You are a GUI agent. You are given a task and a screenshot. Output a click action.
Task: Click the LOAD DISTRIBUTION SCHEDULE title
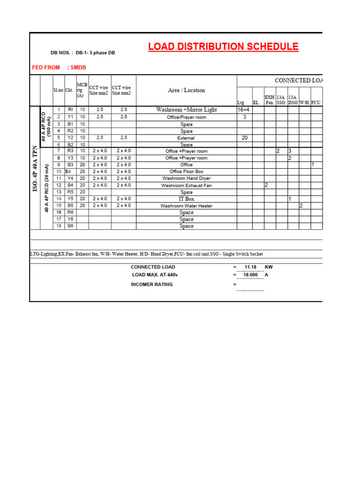(223, 47)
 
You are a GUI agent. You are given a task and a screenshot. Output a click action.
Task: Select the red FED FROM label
(46, 67)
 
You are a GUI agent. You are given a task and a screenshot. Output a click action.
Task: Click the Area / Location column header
(186, 90)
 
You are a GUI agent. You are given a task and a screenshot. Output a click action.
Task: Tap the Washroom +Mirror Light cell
(186, 110)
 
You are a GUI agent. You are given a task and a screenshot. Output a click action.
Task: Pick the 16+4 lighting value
(244, 110)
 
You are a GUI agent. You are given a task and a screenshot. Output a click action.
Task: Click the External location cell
(186, 138)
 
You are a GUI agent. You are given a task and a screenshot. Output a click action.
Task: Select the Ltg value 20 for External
(244, 138)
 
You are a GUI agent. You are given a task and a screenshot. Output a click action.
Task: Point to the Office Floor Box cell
(186, 172)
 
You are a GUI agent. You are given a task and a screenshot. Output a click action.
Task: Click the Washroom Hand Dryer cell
(186, 179)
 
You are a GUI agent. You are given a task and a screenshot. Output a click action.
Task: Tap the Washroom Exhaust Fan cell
(186, 186)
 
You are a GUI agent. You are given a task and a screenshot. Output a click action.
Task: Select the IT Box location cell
(186, 199)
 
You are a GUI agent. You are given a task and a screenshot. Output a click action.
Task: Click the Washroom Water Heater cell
(186, 206)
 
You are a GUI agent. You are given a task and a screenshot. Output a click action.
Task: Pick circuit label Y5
(70, 199)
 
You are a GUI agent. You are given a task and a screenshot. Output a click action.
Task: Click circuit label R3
(70, 151)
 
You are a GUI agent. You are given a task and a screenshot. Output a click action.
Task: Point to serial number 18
(59, 226)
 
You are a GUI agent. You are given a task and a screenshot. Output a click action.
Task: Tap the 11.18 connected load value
(250, 267)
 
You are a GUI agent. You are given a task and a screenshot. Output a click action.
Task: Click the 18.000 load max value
(250, 275)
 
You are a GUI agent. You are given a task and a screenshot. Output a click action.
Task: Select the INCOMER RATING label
(151, 285)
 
